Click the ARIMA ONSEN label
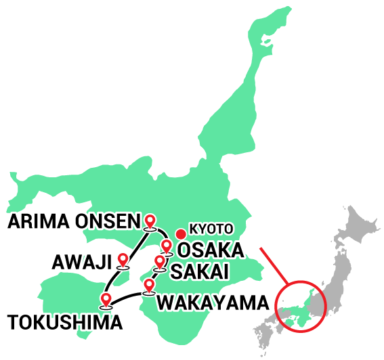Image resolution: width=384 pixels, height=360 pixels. [72, 221]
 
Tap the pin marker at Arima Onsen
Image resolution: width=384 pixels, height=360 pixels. [150, 220]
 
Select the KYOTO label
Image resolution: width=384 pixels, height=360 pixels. [211, 229]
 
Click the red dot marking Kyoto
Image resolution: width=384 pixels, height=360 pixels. [181, 234]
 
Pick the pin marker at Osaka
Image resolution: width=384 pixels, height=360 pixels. [166, 246]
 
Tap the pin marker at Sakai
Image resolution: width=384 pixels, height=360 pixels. [160, 261]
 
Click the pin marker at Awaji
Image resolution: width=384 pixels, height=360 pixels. [123, 260]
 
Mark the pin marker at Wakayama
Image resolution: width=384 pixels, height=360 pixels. [149, 286]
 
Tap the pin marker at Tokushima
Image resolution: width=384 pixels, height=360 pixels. [106, 298]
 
